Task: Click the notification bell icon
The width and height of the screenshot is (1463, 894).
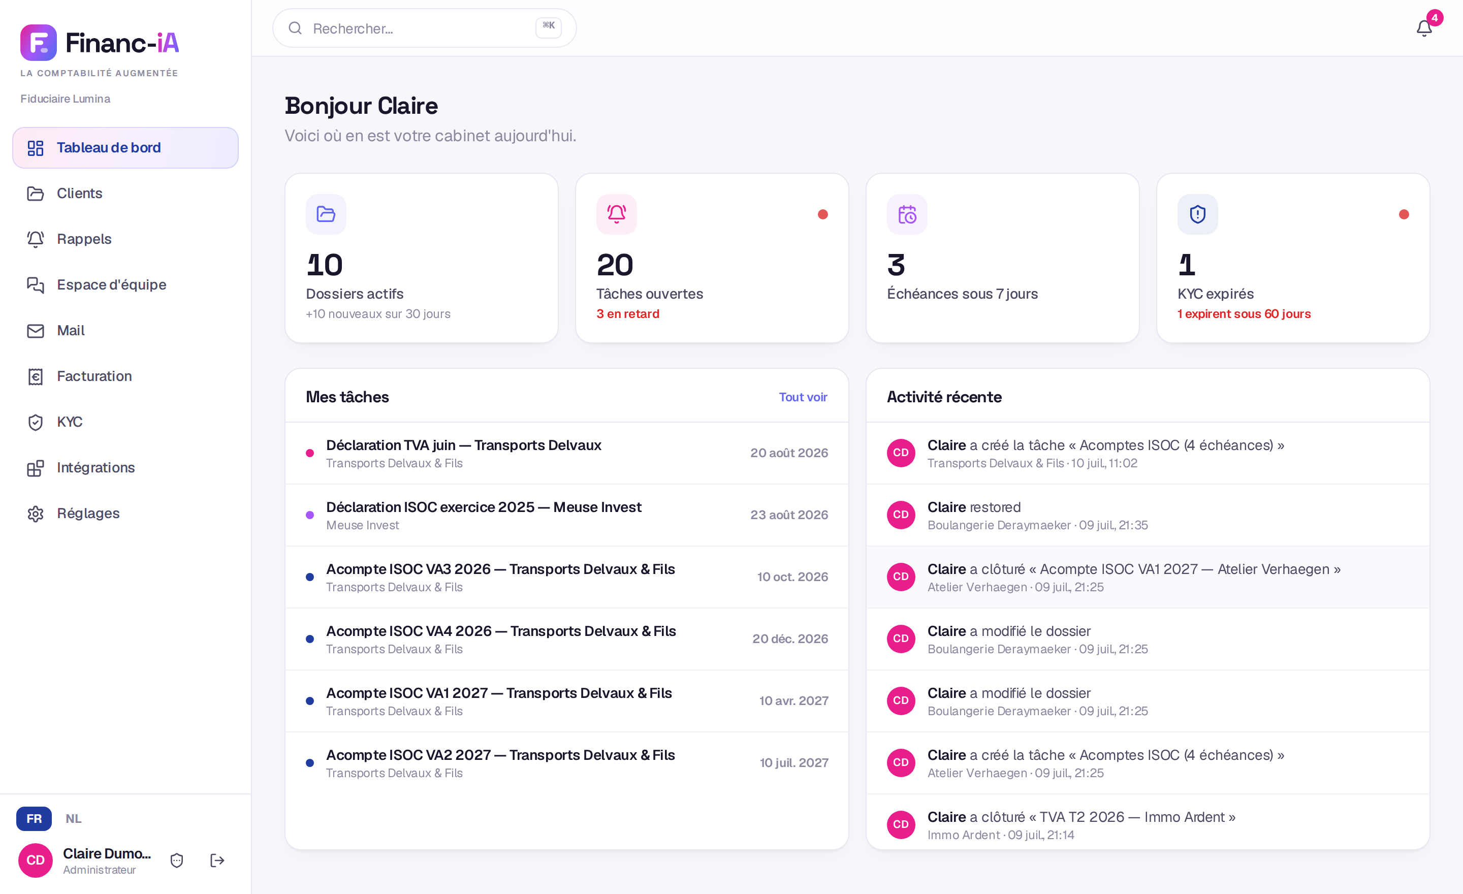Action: [x=1424, y=28]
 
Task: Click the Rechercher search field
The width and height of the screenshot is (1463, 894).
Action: [x=424, y=28]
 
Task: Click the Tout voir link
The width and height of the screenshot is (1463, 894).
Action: [x=803, y=397]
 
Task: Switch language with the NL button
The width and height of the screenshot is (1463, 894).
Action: [x=74, y=819]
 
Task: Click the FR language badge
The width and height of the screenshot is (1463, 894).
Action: [x=34, y=819]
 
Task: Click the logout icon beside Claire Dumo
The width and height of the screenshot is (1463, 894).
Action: [x=217, y=860]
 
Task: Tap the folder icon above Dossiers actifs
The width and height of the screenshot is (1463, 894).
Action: [x=326, y=214]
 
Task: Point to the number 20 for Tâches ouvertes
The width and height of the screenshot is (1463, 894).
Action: [x=615, y=265]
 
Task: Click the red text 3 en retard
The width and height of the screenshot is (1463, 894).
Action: [x=627, y=314]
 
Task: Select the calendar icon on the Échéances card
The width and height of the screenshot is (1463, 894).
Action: [x=907, y=214]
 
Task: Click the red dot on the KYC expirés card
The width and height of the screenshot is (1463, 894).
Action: [x=1404, y=214]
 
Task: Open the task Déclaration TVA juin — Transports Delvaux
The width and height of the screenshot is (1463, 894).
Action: [x=463, y=445]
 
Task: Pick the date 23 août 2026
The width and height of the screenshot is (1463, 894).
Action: [x=789, y=515]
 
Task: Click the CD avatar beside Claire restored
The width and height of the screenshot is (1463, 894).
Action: [x=901, y=515]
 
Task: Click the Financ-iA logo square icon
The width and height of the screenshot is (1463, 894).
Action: [x=39, y=43]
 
